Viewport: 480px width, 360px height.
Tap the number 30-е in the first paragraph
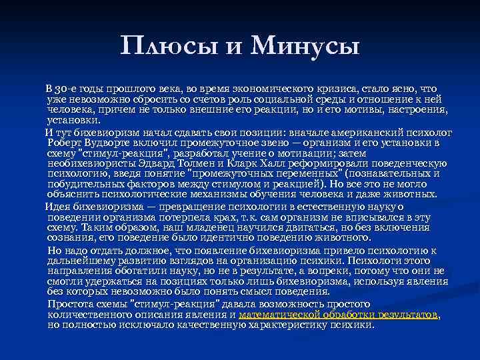(x=71, y=88)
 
